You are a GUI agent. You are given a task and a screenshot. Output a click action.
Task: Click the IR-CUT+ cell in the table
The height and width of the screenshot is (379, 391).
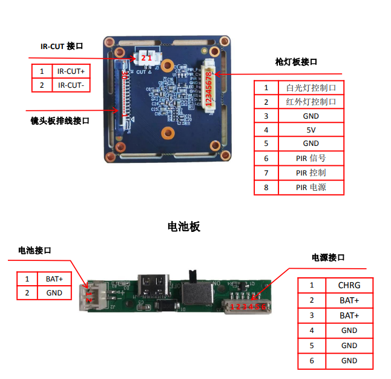[x=71, y=71]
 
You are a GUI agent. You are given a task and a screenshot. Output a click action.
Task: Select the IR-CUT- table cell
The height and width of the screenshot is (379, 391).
[x=71, y=85]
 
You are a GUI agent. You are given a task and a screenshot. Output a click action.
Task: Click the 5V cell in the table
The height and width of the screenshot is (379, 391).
[x=310, y=130]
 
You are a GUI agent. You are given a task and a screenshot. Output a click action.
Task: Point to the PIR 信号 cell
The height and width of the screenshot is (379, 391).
[x=310, y=158]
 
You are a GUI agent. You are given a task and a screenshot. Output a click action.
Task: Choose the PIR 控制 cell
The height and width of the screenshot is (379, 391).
[x=310, y=173]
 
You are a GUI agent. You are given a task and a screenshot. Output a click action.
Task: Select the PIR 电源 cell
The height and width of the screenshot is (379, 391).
[x=310, y=187]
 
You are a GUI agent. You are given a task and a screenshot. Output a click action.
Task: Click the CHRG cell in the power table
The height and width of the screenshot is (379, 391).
[x=349, y=285]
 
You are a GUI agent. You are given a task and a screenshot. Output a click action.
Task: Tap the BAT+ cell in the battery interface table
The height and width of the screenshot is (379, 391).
[x=54, y=279]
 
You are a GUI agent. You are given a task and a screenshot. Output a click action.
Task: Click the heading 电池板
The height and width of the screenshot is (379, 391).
[x=183, y=227]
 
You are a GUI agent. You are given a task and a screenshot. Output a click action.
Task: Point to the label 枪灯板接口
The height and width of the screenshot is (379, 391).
[x=296, y=62]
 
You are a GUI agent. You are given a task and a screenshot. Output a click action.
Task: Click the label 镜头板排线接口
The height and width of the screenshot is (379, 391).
[x=60, y=121]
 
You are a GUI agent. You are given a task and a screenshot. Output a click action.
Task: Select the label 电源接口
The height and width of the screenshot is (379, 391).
[x=328, y=257]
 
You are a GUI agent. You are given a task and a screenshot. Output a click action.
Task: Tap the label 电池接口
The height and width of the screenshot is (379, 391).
[x=34, y=250]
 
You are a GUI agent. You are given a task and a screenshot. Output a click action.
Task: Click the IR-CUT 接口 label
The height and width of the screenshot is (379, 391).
[x=61, y=45]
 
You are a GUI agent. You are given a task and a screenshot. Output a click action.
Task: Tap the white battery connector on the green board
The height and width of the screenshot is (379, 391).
[x=95, y=296]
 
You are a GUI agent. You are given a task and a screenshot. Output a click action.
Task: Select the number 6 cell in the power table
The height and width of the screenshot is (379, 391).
[x=312, y=361]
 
